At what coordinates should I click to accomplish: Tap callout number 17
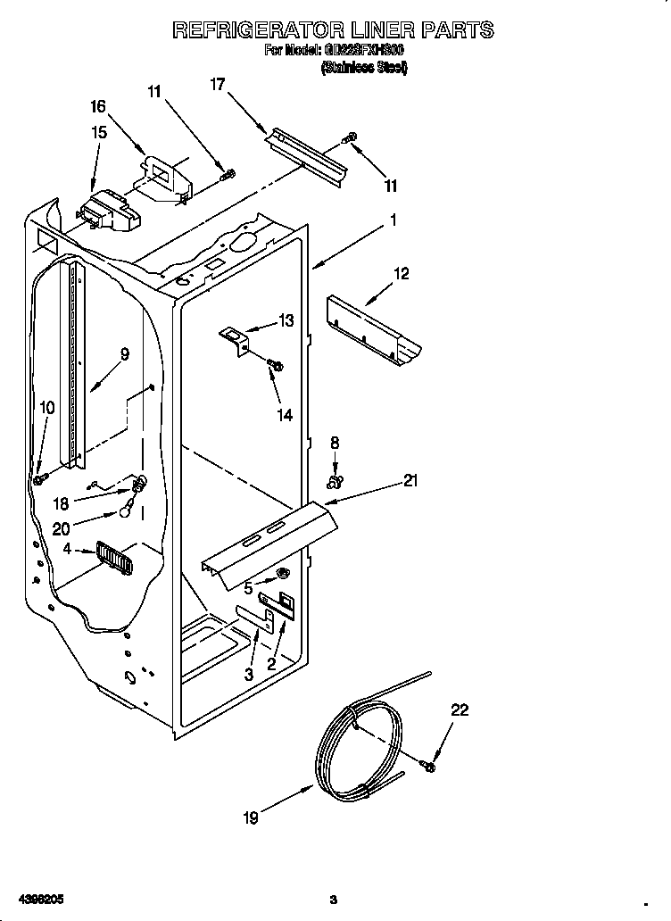pos(218,85)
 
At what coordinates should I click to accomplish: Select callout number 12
pos(402,274)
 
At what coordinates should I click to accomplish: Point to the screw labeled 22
pos(429,766)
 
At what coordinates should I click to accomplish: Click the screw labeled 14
pos(276,364)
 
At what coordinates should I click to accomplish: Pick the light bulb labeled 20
pos(129,511)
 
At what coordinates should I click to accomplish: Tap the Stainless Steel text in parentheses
pos(363,67)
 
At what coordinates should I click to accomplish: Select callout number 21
pos(410,481)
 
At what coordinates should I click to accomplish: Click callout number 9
pos(124,354)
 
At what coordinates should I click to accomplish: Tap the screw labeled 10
pos(40,479)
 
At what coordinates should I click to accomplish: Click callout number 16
pos(98,106)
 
